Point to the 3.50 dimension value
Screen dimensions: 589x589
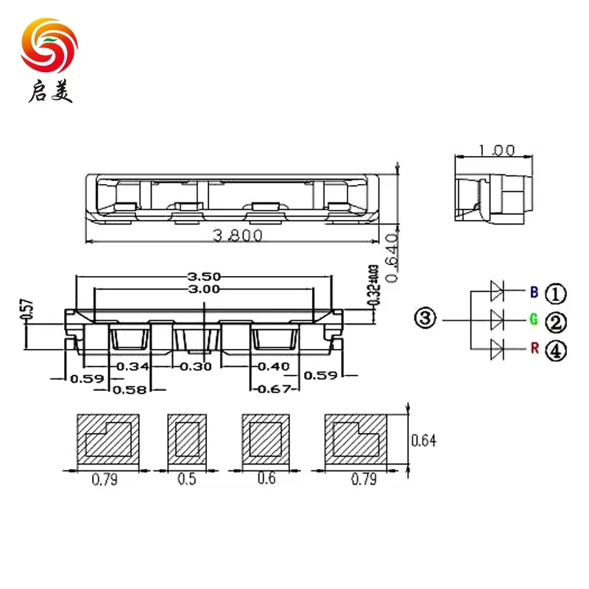(x=205, y=276)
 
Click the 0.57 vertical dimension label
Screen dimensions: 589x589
(x=26, y=309)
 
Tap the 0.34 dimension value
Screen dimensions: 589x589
(x=133, y=366)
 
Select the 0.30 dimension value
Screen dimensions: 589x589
(x=196, y=366)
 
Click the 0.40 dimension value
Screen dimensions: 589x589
(x=272, y=366)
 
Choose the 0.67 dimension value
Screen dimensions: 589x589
(x=272, y=389)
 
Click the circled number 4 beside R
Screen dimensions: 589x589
(x=556, y=351)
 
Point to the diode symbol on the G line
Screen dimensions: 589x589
(x=496, y=320)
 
